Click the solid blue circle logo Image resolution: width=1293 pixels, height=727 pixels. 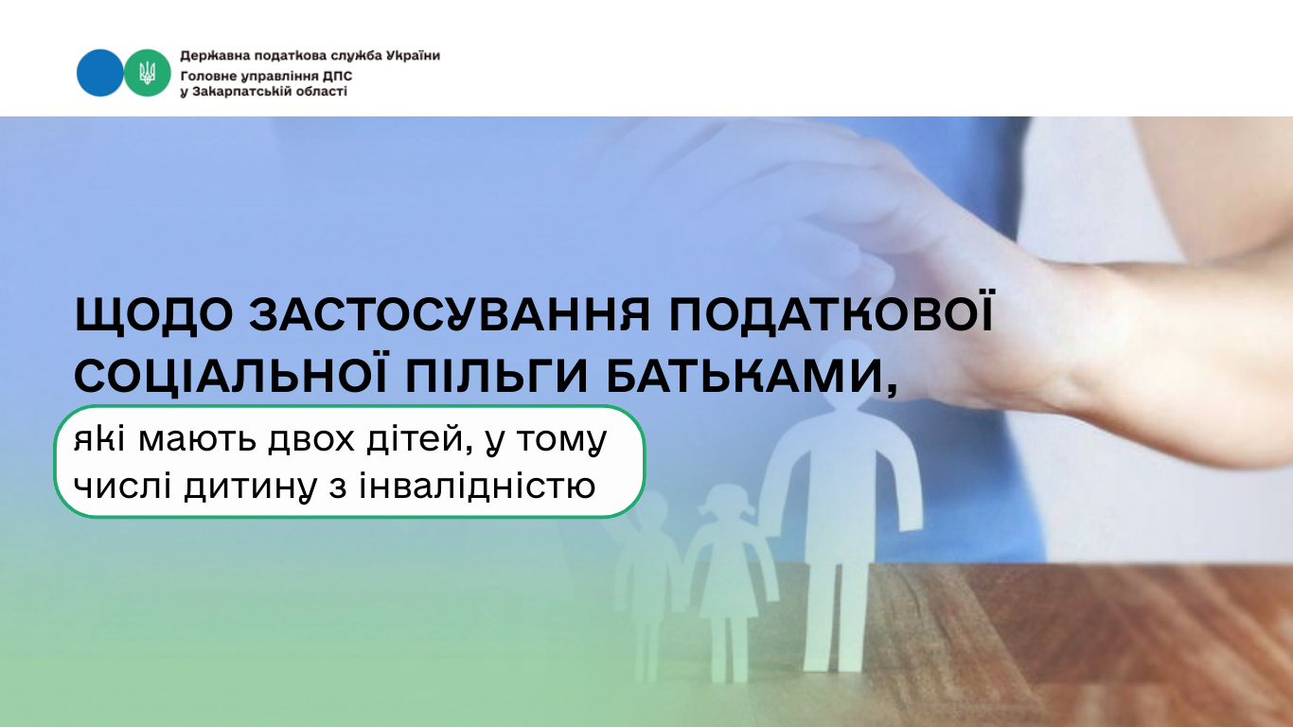pyautogui.click(x=99, y=73)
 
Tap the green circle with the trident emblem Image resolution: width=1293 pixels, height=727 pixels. pyautogui.click(x=148, y=73)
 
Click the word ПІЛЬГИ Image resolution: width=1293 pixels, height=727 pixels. pyautogui.click(x=496, y=376)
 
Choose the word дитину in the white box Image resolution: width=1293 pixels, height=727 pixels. pyautogui.click(x=251, y=488)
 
